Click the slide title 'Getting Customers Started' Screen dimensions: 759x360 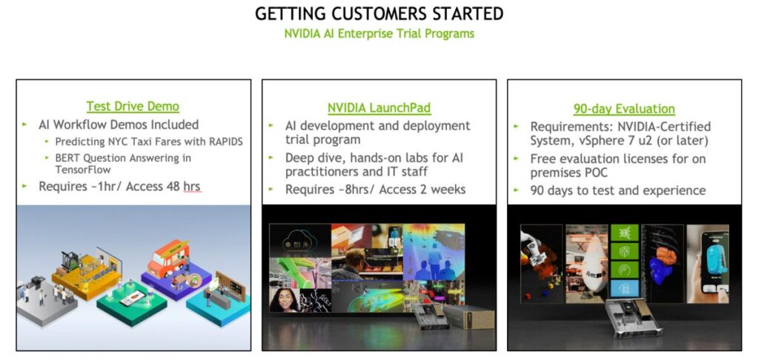pyautogui.click(x=379, y=13)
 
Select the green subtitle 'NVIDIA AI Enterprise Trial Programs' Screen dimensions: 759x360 pyautogui.click(x=379, y=33)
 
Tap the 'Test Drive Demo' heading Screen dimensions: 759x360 pyautogui.click(x=133, y=106)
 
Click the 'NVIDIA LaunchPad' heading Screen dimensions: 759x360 pyautogui.click(x=379, y=107)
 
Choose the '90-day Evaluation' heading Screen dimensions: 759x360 pyautogui.click(x=624, y=109)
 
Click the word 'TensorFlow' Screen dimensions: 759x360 pyautogui.click(x=83, y=170)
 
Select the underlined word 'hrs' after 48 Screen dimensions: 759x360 pyautogui.click(x=192, y=186)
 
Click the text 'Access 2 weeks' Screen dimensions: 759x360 pyautogui.click(x=422, y=189)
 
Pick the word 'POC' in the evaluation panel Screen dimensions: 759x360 pyautogui.click(x=593, y=173)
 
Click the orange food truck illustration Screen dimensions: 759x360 pyautogui.click(x=168, y=259)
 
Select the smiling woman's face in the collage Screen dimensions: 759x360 pyautogui.click(x=284, y=300)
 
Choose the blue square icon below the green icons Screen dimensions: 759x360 pyautogui.click(x=624, y=288)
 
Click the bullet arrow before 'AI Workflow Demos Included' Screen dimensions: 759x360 pyautogui.click(x=24, y=124)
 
